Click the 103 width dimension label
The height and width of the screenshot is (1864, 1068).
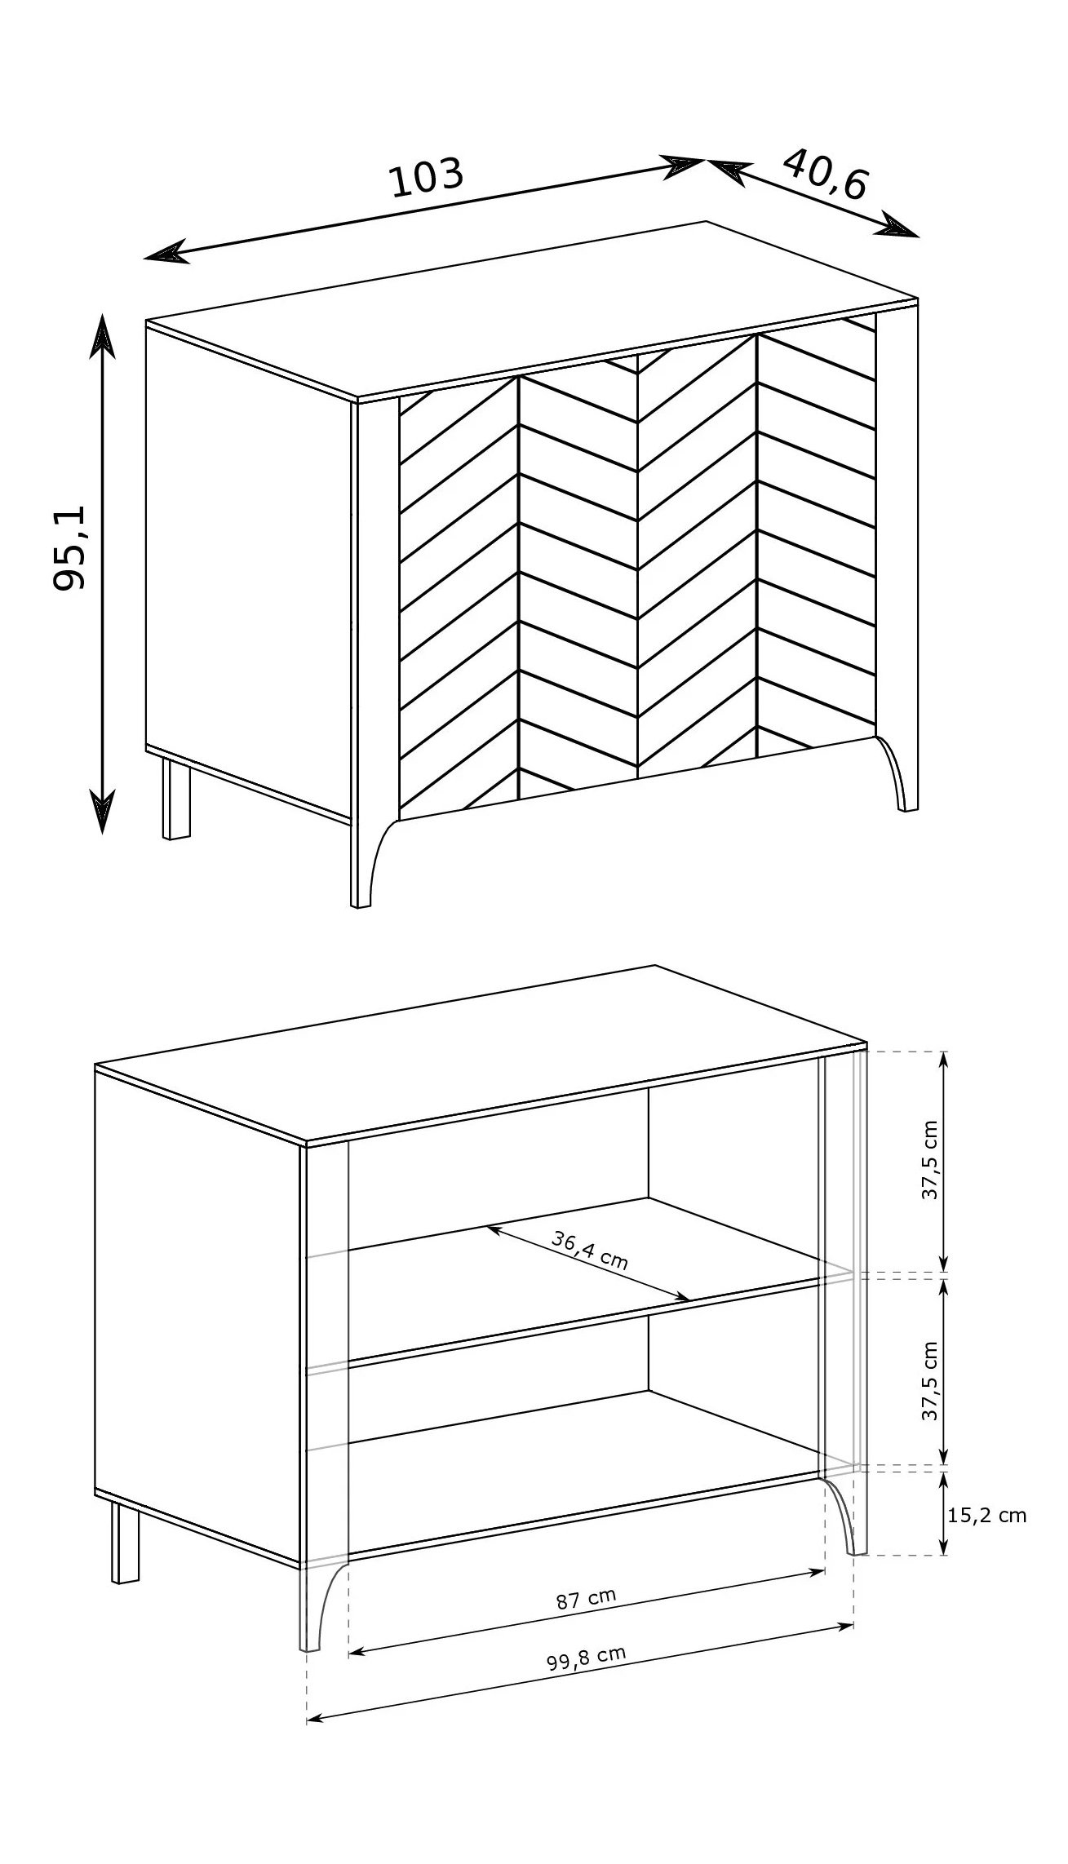coord(428,179)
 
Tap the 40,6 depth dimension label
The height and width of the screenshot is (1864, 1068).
coord(826,175)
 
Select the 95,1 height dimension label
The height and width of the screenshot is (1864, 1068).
coord(71,547)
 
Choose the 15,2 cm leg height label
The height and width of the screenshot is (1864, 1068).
coord(987,1516)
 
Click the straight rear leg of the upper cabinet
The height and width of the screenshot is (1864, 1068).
coord(175,799)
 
